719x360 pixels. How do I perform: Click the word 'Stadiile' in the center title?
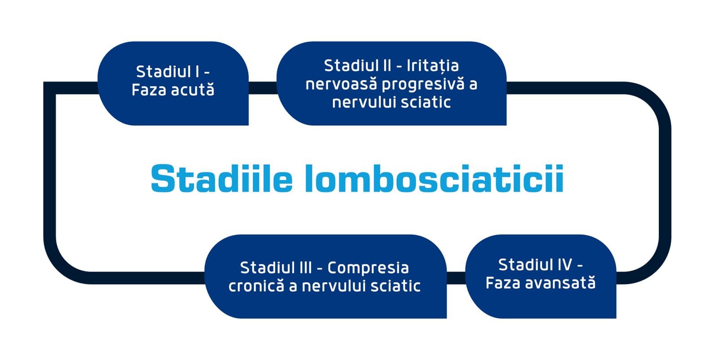point(222,178)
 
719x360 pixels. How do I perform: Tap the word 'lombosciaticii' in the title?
point(434,178)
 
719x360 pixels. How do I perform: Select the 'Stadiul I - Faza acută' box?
point(173,83)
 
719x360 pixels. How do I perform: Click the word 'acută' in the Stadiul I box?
point(193,89)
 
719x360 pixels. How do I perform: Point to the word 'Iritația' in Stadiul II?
point(433,66)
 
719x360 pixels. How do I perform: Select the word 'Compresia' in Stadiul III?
point(368,268)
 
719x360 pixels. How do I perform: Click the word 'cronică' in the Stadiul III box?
point(256,286)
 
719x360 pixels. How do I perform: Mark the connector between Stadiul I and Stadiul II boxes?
point(262,88)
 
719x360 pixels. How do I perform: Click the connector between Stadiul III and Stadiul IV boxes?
point(456,278)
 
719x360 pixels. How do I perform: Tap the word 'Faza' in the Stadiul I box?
point(149,89)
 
